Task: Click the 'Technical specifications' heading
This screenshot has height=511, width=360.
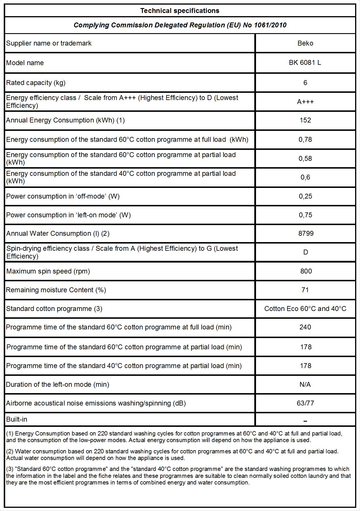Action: tap(180, 11)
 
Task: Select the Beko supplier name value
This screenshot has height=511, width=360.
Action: tap(305, 43)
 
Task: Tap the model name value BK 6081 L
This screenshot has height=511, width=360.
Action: tap(305, 63)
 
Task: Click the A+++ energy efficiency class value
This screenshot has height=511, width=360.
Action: tap(305, 102)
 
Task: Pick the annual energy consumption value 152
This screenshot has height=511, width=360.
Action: tap(305, 120)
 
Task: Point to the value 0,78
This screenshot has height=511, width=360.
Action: tap(305, 139)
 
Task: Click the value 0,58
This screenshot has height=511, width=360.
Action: tap(305, 159)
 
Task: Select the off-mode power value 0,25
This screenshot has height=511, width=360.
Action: tap(305, 196)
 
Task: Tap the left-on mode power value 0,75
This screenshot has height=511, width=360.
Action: tap(305, 215)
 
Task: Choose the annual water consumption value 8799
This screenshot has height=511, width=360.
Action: tap(306, 233)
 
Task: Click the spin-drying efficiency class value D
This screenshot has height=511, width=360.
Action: tap(306, 252)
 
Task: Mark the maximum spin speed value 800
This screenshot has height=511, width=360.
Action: tap(306, 271)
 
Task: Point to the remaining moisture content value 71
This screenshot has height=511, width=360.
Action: tap(305, 290)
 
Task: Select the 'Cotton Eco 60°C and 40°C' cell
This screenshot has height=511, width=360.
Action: tap(305, 309)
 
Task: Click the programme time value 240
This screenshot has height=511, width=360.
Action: tap(305, 327)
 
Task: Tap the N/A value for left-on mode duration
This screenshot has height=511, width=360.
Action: tap(305, 384)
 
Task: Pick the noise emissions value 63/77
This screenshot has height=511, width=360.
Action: tap(305, 403)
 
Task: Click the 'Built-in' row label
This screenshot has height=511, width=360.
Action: tap(17, 419)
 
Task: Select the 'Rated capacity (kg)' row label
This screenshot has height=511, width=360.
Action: tap(36, 83)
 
